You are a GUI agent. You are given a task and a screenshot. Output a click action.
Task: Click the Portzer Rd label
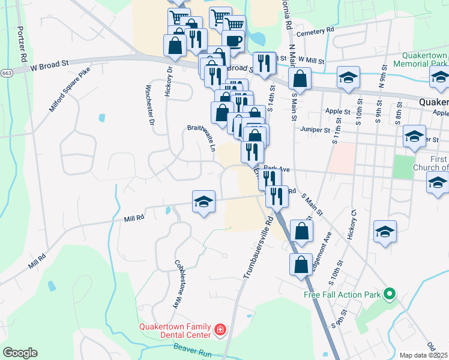point(22,44)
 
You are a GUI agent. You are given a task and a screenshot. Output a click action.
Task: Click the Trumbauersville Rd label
point(258,247)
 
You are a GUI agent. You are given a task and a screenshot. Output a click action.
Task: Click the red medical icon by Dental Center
point(220,329)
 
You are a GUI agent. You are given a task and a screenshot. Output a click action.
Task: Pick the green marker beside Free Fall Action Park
point(389,294)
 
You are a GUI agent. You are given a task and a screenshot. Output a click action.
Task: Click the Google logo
point(20,353)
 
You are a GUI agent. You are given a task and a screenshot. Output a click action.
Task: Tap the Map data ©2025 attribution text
point(423,355)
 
